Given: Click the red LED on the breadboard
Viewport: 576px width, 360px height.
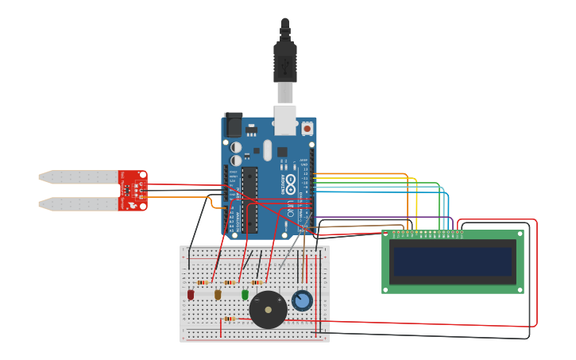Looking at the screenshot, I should pos(191,295).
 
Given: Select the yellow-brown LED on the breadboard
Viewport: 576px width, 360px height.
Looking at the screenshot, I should pos(218,295).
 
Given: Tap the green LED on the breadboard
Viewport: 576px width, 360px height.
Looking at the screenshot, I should pos(245,295).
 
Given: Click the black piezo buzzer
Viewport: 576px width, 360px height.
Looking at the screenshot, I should pos(268,309).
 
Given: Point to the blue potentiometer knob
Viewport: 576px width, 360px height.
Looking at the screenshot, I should pos(301,300).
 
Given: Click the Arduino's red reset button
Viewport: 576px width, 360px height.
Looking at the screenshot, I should pos(307,127).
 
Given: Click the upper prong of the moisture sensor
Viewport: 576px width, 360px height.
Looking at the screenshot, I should pos(79,176).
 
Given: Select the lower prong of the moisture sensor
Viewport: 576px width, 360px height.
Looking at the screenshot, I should pos(79,204).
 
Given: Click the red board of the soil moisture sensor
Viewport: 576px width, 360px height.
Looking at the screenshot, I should pos(133,191).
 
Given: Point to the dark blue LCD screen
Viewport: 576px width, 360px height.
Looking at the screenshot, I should pos(453,261).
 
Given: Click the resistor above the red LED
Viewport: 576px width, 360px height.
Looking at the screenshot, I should pos(203,282).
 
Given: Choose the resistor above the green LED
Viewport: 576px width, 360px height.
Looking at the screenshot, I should pos(257,282).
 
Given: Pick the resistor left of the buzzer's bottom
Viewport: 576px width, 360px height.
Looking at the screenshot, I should pos(230,319).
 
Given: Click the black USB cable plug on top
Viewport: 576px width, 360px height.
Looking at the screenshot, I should pos(285,60).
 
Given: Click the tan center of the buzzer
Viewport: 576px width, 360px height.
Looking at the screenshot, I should pos(268,310).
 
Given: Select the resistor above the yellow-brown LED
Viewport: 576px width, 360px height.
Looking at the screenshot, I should pos(230,282).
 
